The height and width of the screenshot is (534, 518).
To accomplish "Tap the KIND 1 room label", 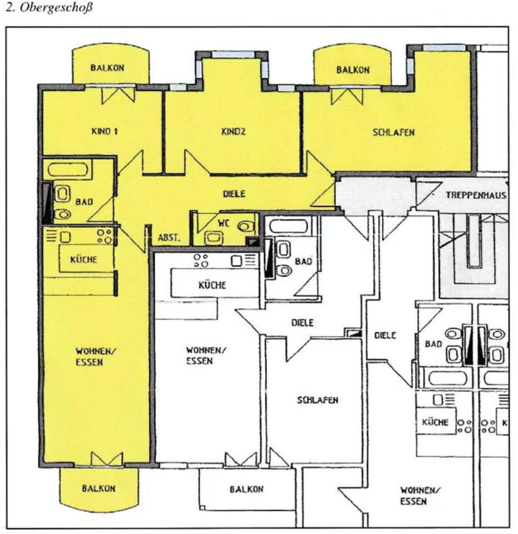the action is [x=104, y=132].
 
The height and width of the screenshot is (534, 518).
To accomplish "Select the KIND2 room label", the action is [x=233, y=132].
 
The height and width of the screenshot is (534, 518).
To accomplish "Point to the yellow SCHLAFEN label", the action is [x=394, y=133].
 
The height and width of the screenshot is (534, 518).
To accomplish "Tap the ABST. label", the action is [x=169, y=238].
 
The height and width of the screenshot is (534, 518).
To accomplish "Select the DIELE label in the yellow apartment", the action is [x=234, y=194].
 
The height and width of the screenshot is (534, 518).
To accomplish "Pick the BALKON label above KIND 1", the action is [x=107, y=67].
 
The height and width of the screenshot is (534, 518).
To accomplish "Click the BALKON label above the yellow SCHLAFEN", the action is [x=353, y=70].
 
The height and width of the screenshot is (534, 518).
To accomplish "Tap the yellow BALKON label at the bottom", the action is [x=98, y=488].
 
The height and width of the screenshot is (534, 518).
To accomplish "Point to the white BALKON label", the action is [x=246, y=489].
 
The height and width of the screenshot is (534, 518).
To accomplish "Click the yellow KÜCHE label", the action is [x=84, y=260].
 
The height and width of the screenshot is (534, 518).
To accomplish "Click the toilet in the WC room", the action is [x=245, y=226].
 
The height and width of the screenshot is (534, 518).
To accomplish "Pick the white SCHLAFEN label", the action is [x=318, y=400].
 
